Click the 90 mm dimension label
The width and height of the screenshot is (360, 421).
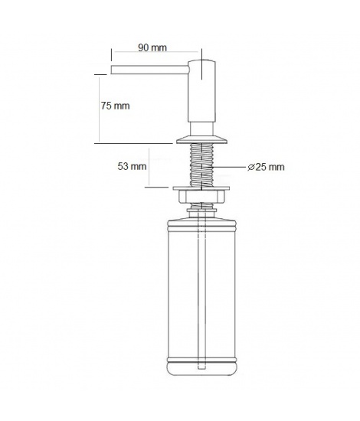[152, 47]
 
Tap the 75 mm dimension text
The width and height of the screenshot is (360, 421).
[115, 106]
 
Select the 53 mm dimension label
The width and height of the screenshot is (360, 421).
[132, 166]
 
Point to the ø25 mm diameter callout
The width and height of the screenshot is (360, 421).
[266, 167]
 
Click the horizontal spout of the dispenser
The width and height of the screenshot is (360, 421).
[150, 70]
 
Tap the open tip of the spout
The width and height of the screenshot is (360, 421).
[111, 70]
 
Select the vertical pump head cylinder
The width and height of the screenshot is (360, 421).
[201, 91]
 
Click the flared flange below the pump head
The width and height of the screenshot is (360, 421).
[201, 140]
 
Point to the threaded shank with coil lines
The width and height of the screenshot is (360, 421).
[201, 165]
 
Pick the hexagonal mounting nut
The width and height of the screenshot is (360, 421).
[201, 196]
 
